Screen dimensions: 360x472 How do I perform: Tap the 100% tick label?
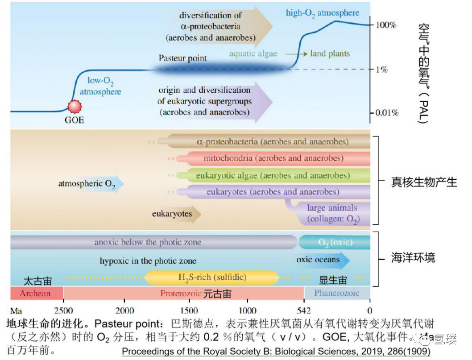tap(386, 25)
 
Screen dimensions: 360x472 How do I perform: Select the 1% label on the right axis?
tap(381, 70)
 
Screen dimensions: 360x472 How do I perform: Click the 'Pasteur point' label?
tap(183, 58)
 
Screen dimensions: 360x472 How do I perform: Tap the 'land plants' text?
tap(330, 54)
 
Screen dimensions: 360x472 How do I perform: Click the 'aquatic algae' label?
tap(253, 54)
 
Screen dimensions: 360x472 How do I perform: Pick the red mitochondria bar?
tap(273, 158)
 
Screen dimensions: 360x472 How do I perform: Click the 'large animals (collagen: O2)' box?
tap(332, 213)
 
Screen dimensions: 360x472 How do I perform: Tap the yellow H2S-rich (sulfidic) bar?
tap(212, 277)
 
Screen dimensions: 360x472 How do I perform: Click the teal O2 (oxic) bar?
tap(335, 242)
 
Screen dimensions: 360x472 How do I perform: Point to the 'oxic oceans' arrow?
tap(322, 260)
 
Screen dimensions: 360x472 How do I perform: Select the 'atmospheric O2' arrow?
tap(90, 184)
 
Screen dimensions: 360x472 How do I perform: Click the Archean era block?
tap(36, 293)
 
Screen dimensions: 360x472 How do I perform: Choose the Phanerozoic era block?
tap(337, 293)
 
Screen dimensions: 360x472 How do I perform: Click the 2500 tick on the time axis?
tap(63, 311)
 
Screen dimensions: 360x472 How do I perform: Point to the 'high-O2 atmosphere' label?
tap(322, 12)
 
